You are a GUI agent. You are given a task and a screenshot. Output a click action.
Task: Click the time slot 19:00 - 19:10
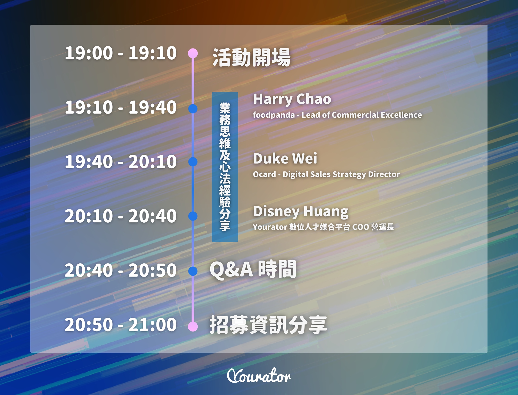tap(121, 53)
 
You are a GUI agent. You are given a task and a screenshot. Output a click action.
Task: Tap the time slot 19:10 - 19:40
tap(121, 107)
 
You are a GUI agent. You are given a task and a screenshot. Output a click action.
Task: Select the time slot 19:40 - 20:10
tap(121, 162)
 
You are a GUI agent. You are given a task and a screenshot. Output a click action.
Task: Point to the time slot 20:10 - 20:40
tap(121, 216)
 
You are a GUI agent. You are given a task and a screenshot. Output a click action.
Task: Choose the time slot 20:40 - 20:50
tap(121, 270)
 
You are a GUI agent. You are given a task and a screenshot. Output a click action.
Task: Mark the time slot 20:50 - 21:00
tap(121, 325)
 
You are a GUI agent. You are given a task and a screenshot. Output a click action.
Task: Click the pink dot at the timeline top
tap(193, 53)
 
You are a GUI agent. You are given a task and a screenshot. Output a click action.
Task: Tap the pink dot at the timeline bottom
tap(193, 326)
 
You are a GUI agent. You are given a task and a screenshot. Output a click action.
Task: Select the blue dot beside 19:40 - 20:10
tap(193, 162)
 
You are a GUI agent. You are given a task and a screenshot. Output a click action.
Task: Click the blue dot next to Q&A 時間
tap(193, 271)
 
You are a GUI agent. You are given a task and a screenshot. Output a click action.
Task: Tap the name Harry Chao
tap(292, 99)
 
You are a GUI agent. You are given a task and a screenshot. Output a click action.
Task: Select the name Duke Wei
tap(285, 159)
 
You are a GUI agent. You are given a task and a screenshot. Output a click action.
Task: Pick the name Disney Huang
tap(301, 211)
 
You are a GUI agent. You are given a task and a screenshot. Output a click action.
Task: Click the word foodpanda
tap(274, 115)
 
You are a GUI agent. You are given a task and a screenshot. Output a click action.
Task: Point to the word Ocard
tap(264, 174)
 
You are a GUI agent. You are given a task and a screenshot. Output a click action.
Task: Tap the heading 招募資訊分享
tap(268, 325)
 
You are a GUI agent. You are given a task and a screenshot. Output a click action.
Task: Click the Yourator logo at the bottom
tap(259, 376)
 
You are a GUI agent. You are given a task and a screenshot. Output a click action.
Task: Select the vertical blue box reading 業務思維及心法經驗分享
tap(225, 167)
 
